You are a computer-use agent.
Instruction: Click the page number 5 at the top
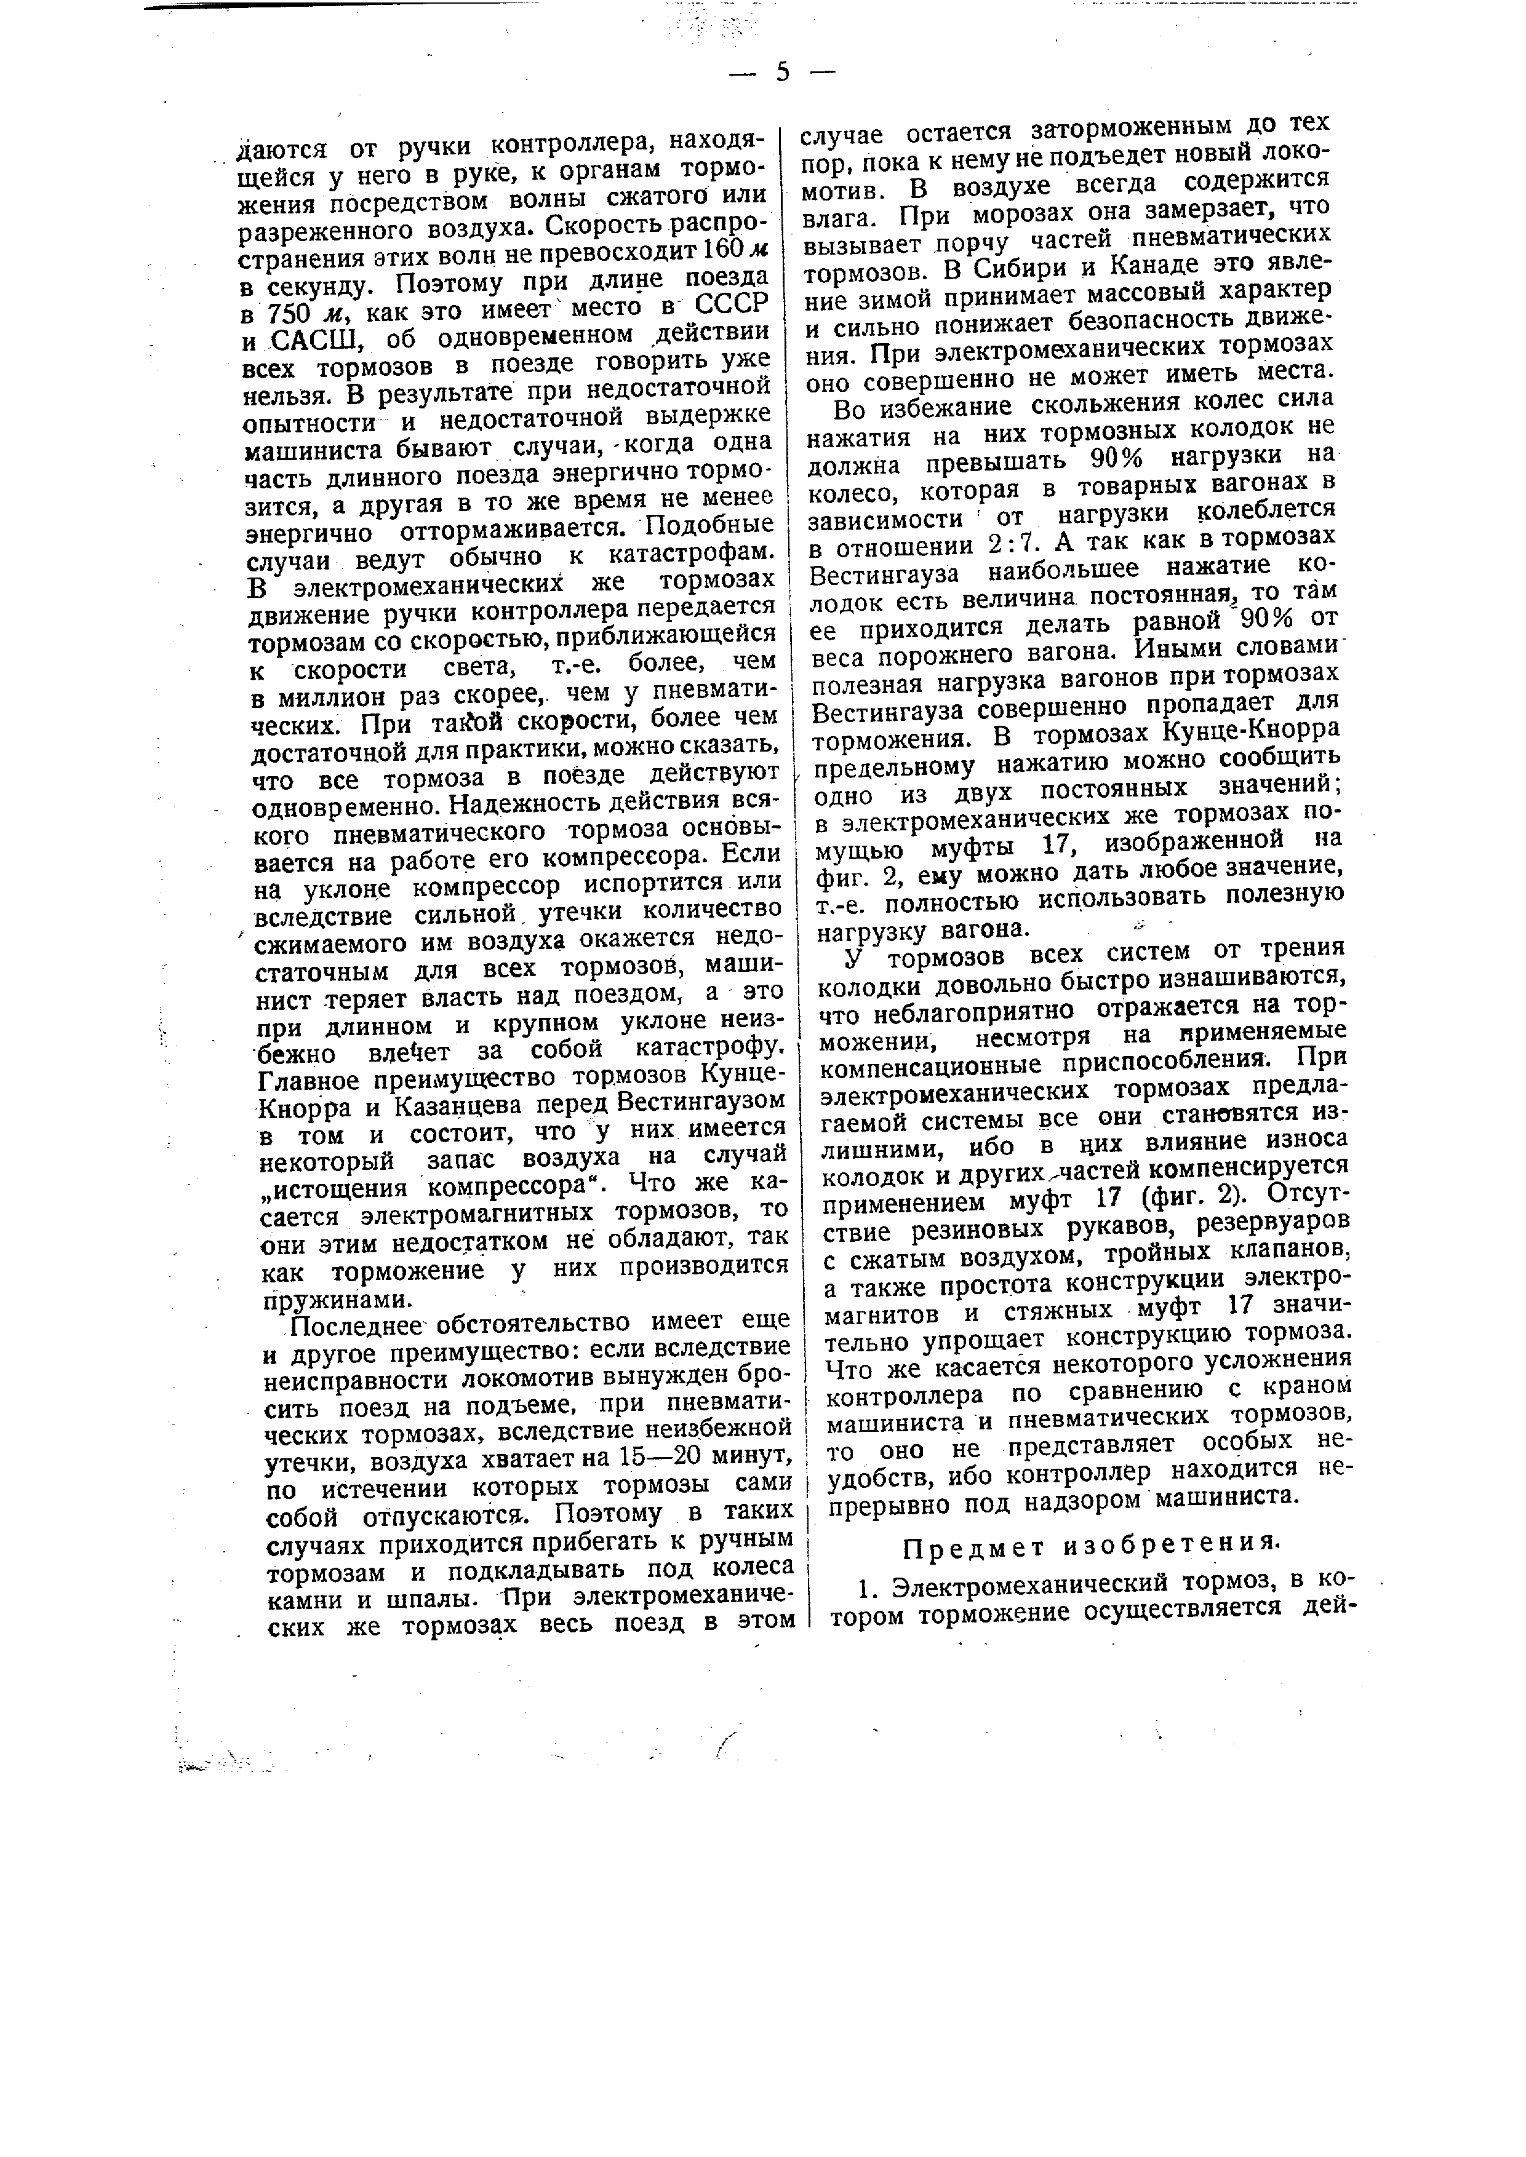click(783, 73)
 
